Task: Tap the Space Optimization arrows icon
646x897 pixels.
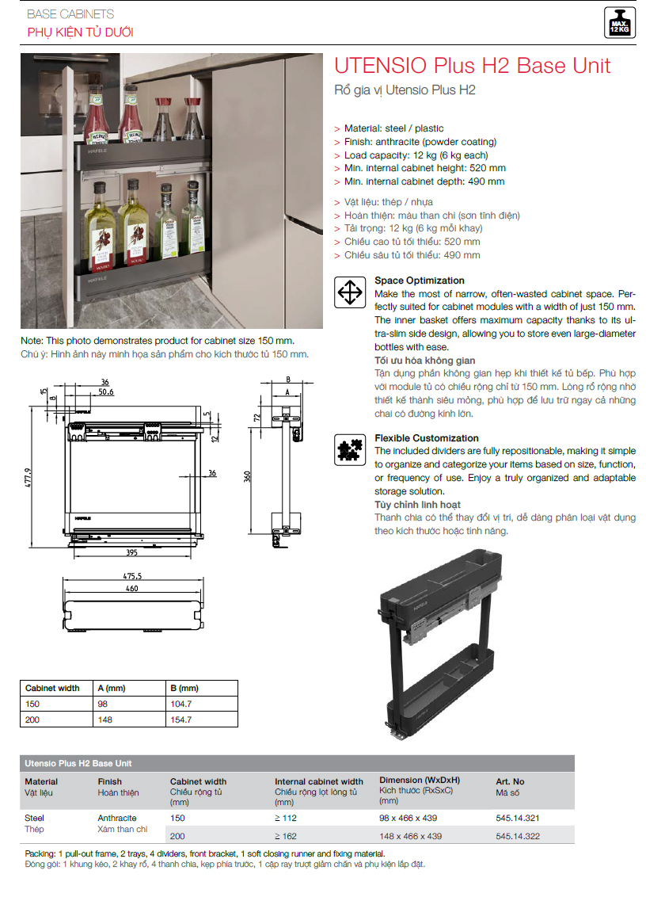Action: [x=349, y=292]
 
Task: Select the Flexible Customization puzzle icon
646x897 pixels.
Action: [x=349, y=449]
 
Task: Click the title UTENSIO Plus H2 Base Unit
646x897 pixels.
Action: [x=473, y=65]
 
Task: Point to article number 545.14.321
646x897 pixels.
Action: [x=518, y=818]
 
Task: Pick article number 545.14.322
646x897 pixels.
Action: [x=518, y=835]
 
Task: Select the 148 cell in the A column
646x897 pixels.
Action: [x=104, y=720]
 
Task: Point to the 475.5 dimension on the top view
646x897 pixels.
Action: [x=131, y=576]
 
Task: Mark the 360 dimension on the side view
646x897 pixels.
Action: [x=248, y=476]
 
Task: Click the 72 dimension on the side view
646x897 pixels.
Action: [x=258, y=416]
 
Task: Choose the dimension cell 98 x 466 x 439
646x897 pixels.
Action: [x=408, y=818]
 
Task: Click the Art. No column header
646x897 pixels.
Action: [x=510, y=781]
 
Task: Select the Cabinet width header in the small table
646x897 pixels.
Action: [x=52, y=688]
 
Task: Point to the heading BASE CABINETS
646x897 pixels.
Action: [x=70, y=14]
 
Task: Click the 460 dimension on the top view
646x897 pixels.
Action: [x=131, y=588]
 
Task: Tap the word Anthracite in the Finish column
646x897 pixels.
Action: [x=117, y=818]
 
